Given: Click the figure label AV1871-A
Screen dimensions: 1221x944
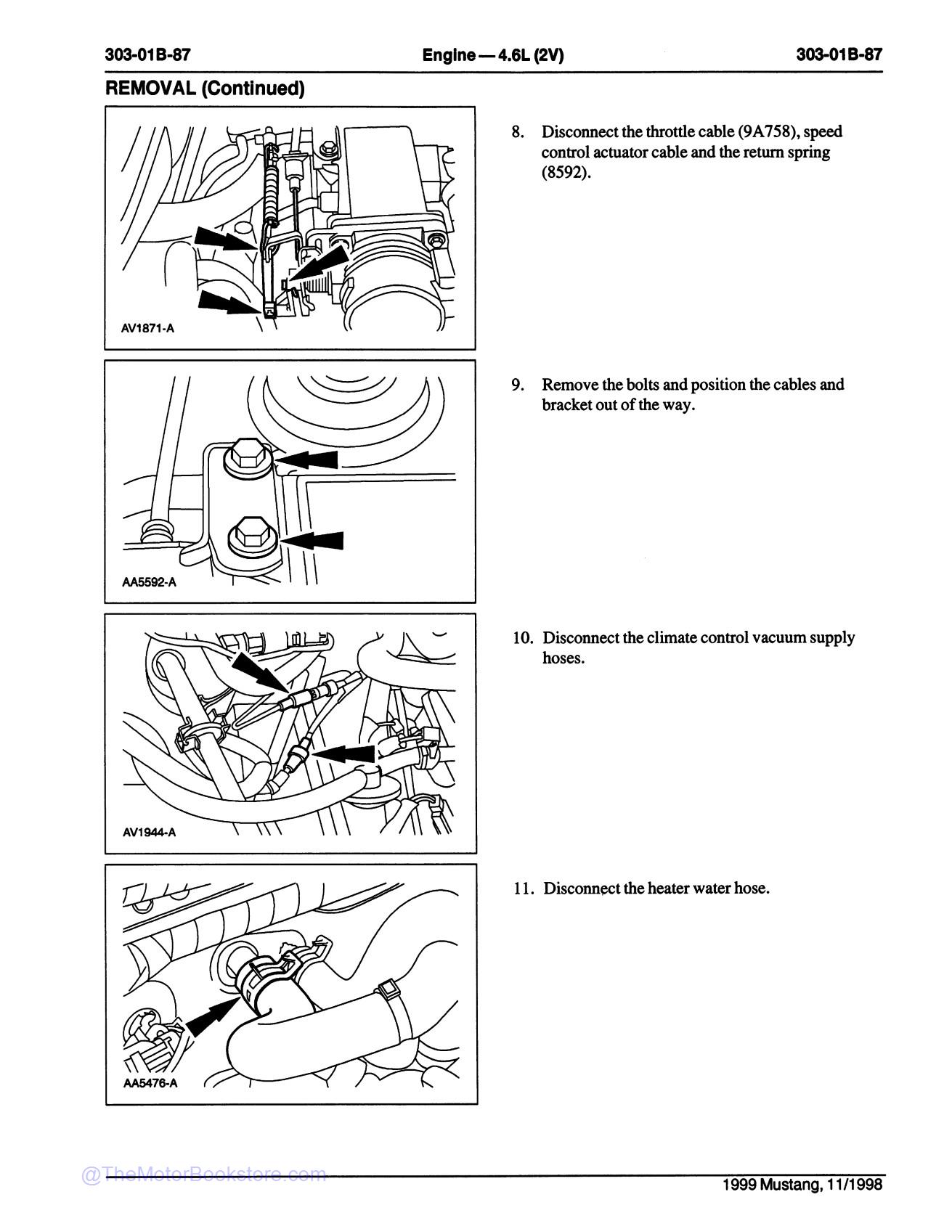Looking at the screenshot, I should tap(147, 328).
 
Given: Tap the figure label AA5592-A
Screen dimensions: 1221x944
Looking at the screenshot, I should tap(149, 581).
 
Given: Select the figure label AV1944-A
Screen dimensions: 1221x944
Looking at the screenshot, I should tap(149, 833).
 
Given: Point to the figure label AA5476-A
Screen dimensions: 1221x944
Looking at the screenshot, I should tap(150, 1084).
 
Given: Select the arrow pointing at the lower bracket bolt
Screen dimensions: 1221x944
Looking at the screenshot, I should tap(314, 541).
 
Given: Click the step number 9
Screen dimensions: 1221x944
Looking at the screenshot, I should tap(517, 385).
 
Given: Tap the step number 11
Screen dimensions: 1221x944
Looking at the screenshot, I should tap(523, 889).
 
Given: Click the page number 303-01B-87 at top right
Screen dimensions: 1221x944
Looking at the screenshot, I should tap(839, 54).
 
